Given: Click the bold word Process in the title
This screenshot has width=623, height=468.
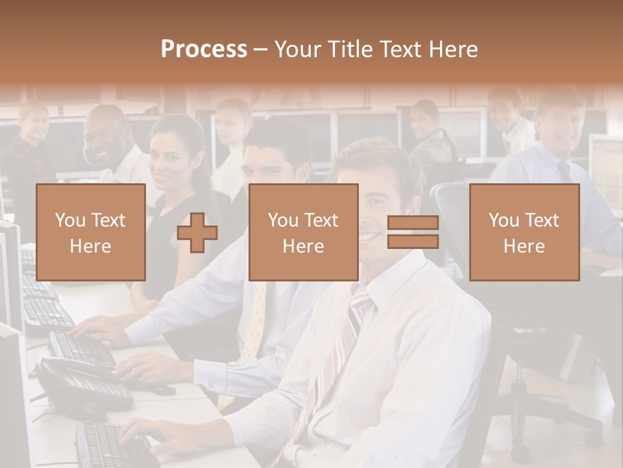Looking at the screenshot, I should point(204,49).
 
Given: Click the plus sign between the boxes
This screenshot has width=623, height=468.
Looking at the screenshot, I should point(197,232).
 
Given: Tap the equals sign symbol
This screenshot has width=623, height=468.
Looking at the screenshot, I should point(413,232).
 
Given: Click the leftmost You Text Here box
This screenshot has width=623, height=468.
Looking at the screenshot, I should point(90,232).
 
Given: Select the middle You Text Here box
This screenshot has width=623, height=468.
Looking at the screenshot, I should point(303,232).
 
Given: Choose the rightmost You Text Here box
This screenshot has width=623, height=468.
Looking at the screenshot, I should point(524,232).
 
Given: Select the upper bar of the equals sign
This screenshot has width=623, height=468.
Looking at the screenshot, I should point(413,223).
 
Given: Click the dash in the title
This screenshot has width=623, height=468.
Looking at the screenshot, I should point(261,49).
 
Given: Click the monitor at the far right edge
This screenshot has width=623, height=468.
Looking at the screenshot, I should point(607,169).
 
